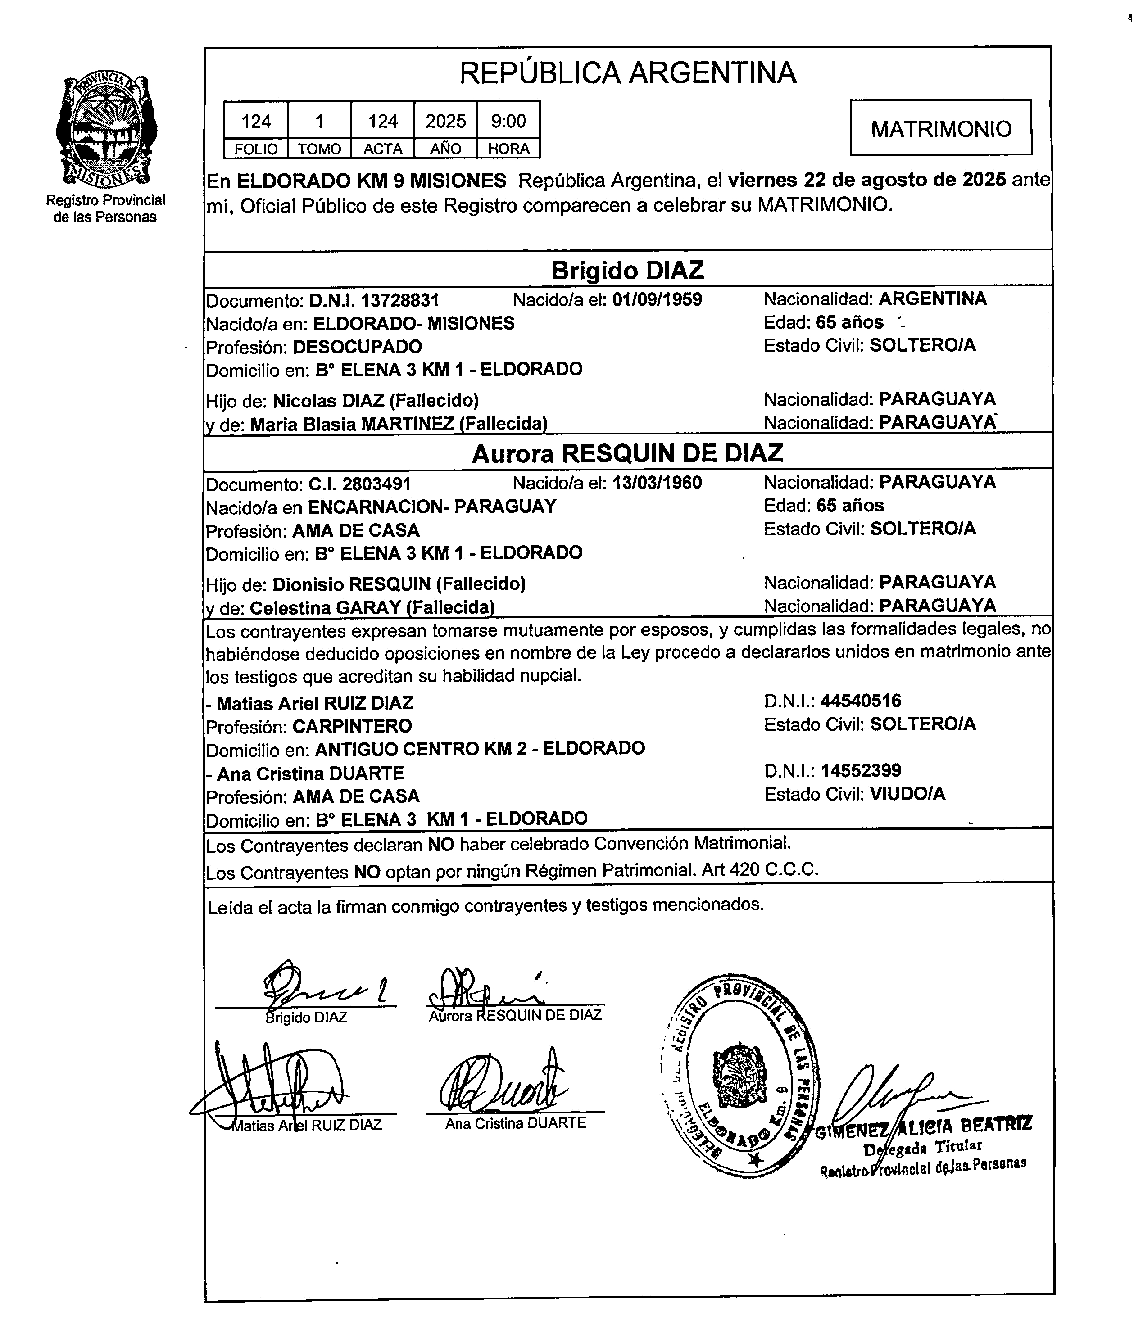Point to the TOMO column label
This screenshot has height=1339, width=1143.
click(319, 149)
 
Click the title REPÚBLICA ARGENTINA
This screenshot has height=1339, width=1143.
click(627, 72)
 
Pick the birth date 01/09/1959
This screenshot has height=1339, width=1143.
click(656, 299)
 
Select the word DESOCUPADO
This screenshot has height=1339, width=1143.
click(357, 347)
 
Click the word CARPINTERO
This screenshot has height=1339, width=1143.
click(352, 726)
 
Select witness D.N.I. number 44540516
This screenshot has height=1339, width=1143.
click(861, 701)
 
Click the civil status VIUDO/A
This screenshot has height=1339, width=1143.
click(907, 794)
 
